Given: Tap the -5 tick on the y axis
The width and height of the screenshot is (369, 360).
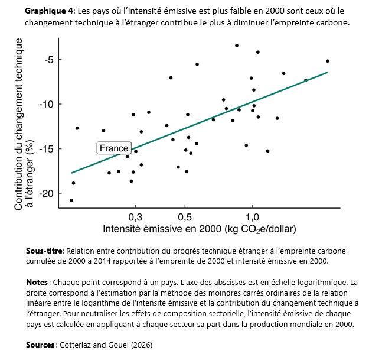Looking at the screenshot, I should tap(48, 60).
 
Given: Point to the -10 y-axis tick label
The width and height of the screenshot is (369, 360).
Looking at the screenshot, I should tap(46, 104).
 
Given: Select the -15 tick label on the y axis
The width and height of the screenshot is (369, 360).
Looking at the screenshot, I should tap(46, 149).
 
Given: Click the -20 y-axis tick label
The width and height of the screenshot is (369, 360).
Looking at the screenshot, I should tap(46, 193).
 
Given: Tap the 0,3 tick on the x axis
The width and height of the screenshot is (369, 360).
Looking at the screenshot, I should tap(135, 216).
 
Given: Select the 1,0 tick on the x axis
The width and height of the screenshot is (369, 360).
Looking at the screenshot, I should tap(252, 216).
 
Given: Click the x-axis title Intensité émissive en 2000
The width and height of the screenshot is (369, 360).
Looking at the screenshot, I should tap(199, 228).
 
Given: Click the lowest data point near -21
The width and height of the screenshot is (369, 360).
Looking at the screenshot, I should tap(71, 200).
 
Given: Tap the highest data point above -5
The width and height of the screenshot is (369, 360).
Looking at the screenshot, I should tap(237, 46).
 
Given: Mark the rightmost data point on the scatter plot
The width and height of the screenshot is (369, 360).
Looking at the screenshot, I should tap(328, 61).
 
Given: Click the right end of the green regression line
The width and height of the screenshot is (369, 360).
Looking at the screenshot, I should tap(327, 73).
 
